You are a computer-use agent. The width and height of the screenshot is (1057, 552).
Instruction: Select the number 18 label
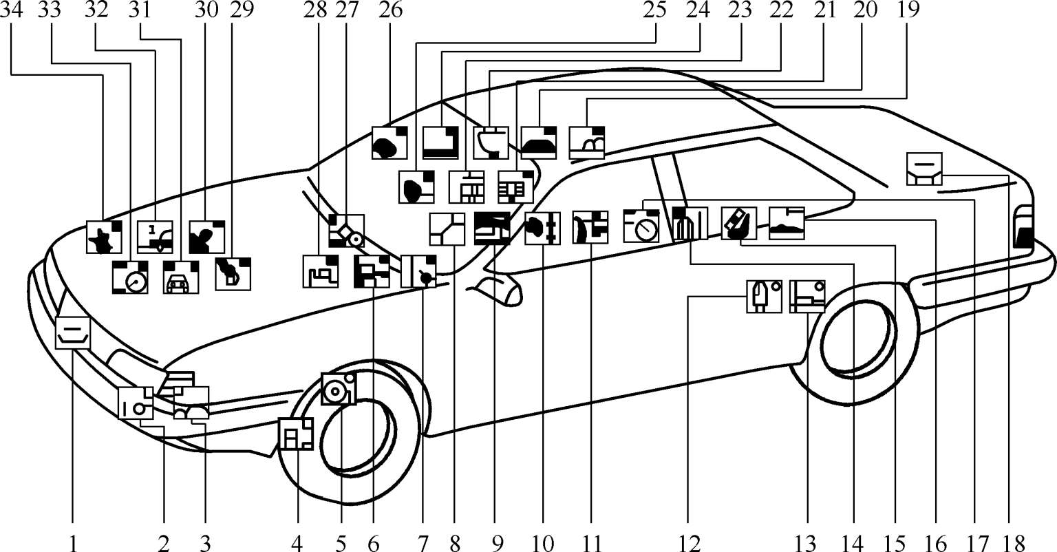pos(1008,542)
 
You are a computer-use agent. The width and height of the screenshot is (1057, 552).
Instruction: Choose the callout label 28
pos(317,11)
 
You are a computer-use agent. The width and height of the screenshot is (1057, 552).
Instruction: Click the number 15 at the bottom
pos(895,542)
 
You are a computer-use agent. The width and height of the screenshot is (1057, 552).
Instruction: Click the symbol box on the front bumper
pos(73,332)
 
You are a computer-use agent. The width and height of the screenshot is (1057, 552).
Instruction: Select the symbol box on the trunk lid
pos(925,169)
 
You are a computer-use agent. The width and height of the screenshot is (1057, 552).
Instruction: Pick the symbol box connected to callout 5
pos(339,390)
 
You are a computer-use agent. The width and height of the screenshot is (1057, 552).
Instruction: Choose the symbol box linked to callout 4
pos(296,434)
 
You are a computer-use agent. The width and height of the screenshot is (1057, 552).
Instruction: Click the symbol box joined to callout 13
pos(807,297)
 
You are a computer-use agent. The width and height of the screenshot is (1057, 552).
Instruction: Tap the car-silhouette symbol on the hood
pos(181,278)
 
